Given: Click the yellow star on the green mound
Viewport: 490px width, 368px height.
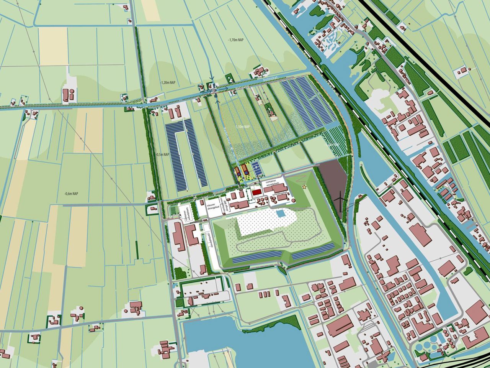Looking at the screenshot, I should tap(304, 187).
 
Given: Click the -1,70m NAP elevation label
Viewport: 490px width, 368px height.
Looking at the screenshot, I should tap(236, 40).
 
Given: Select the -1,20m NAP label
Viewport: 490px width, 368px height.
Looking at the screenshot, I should tap(168, 82).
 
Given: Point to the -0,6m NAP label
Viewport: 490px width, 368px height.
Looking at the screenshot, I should tap(71, 194).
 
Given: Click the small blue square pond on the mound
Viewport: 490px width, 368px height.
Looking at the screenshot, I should tap(281, 213).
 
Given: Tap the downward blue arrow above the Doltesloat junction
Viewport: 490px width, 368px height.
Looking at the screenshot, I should tap(211, 76).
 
